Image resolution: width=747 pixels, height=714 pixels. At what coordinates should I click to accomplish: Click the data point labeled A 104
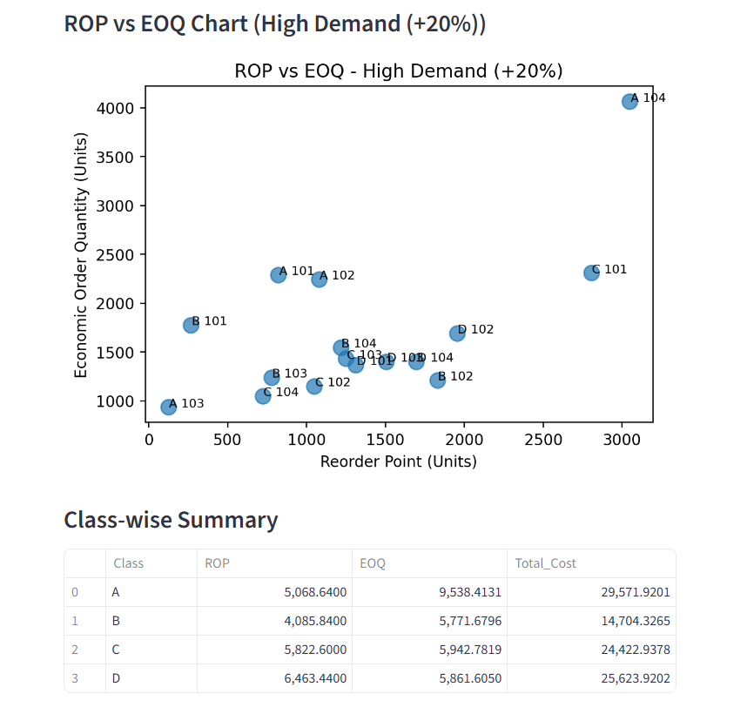(x=629, y=102)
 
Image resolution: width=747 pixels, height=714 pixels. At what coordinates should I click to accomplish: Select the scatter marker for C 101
(x=591, y=273)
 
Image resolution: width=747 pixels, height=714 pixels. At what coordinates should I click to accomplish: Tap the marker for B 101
(x=191, y=325)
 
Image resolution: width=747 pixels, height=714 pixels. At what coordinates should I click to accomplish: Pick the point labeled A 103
(x=169, y=407)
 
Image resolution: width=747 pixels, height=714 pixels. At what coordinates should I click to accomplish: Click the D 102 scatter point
(x=457, y=333)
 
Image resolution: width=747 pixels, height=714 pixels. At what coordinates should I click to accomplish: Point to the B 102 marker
(x=437, y=380)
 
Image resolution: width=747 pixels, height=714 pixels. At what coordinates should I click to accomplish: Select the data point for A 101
(x=279, y=274)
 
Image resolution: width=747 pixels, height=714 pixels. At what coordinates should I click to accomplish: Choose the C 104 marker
(x=263, y=396)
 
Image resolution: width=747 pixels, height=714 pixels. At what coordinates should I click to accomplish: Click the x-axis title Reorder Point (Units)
(x=398, y=461)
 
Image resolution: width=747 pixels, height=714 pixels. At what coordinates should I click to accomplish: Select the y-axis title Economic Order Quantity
(x=81, y=255)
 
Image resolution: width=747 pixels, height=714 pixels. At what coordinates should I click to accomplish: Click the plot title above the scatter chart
(x=399, y=71)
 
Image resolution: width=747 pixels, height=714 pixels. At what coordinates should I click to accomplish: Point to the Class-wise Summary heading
(x=171, y=520)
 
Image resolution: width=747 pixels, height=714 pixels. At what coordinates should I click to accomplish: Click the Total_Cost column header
(x=546, y=563)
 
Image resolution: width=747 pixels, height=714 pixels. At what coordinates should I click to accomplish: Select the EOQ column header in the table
(x=373, y=563)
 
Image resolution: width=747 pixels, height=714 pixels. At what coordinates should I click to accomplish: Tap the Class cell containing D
(x=116, y=678)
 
